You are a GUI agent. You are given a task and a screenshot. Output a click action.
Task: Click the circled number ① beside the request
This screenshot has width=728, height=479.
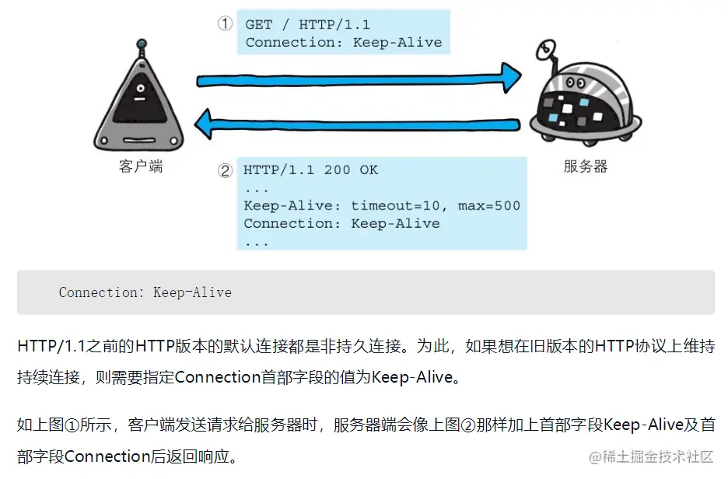pos(225,23)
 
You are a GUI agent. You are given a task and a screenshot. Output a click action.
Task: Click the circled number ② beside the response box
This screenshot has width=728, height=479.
pos(225,170)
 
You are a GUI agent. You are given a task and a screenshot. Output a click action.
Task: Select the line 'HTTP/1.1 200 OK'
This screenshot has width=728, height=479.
pos(311,170)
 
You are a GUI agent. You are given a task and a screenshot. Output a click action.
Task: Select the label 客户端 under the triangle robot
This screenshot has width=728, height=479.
pos(141,166)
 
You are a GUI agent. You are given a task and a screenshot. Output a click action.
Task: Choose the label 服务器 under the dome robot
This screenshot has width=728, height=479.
pos(585,166)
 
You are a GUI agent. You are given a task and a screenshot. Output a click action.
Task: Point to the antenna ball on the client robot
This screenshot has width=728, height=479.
pos(141,45)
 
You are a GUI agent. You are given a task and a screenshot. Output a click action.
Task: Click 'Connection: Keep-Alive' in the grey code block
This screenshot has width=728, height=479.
pos(145,292)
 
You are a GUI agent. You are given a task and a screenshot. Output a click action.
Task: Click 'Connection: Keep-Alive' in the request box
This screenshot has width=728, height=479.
pos(344,42)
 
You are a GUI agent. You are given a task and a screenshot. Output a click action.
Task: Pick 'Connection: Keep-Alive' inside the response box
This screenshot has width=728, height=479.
pos(341,223)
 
